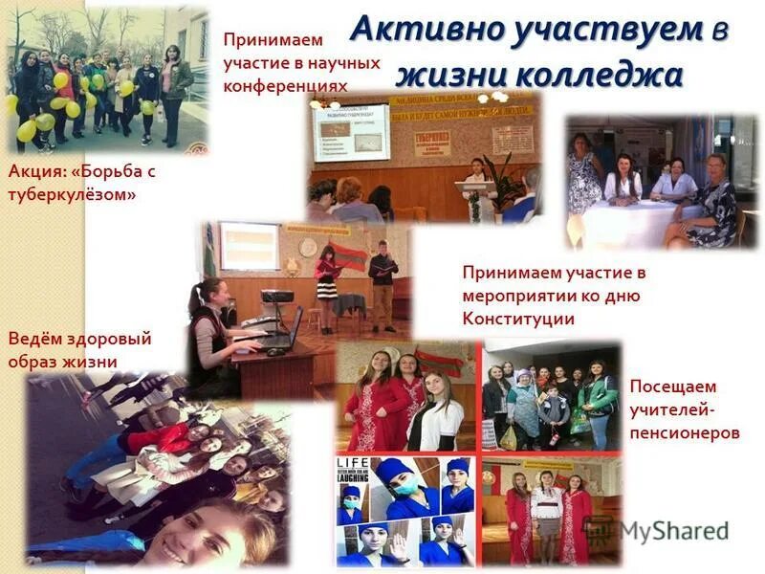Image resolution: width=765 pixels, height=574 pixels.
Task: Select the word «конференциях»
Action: click(284, 85)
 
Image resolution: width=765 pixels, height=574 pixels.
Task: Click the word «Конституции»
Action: click(518, 319)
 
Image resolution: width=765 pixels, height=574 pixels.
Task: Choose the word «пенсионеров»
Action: click(685, 432)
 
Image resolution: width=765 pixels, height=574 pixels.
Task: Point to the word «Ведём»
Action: click(33, 339)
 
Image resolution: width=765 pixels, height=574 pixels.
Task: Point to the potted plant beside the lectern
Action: click(497, 182)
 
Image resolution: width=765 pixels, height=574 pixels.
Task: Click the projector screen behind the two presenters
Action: click(249, 245)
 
